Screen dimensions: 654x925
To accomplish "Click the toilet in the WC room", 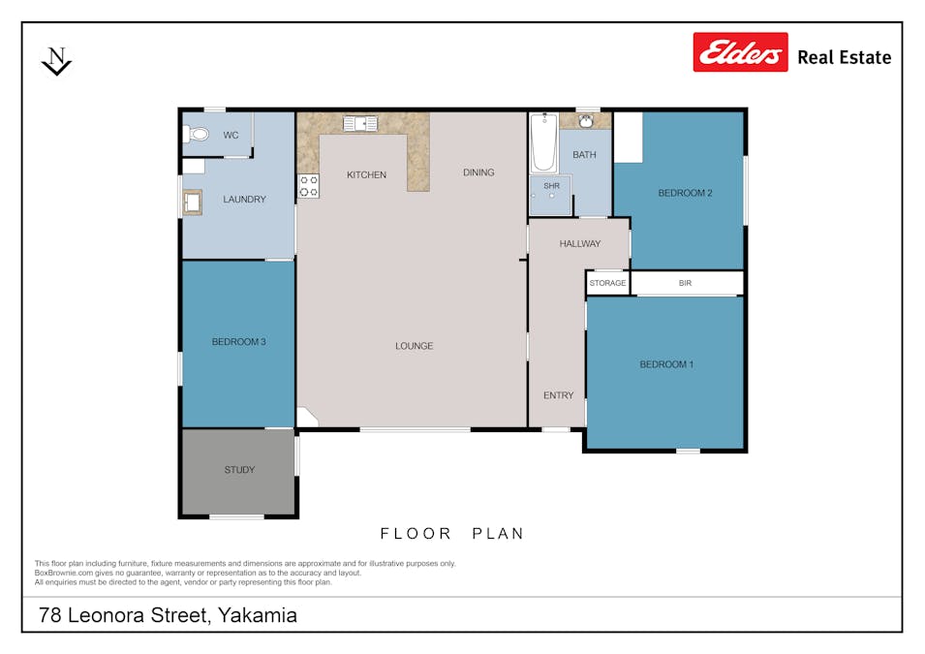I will point(198,135).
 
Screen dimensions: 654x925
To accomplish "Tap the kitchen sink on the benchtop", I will point(360,123).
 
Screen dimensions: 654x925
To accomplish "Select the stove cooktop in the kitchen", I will point(309,186).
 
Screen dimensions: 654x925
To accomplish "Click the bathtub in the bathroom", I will point(543,142).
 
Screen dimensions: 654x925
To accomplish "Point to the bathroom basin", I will point(585,121).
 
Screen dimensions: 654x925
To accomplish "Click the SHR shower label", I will point(551,186).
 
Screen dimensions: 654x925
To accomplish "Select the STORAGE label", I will point(608,283).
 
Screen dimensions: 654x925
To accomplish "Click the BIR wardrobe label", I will point(686,283).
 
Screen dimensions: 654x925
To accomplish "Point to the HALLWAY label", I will point(579,244).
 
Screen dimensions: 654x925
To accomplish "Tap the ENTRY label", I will point(558,395).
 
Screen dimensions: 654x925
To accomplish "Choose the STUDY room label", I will point(239,470).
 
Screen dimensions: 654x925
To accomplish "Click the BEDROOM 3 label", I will point(238,342).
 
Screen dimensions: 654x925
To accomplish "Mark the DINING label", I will point(478,172).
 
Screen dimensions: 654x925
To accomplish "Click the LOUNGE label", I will point(414,346).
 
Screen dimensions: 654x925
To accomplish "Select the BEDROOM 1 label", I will point(666,364).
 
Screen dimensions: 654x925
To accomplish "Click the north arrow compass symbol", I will point(57,61).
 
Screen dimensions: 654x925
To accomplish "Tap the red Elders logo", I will point(740,53).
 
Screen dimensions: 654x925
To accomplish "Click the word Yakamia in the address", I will point(258,615).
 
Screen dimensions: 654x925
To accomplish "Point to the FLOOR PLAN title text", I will point(451,534).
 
